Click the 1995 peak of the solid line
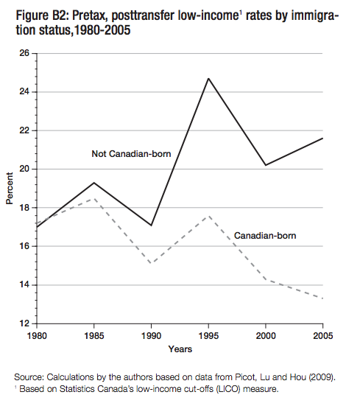point(208,78)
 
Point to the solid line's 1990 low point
point(151,225)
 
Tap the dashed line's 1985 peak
point(93,198)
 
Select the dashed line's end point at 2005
point(322,298)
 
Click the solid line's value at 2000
point(266,165)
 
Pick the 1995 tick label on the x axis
point(208,335)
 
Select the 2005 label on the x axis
point(322,335)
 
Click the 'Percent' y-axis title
point(10,189)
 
